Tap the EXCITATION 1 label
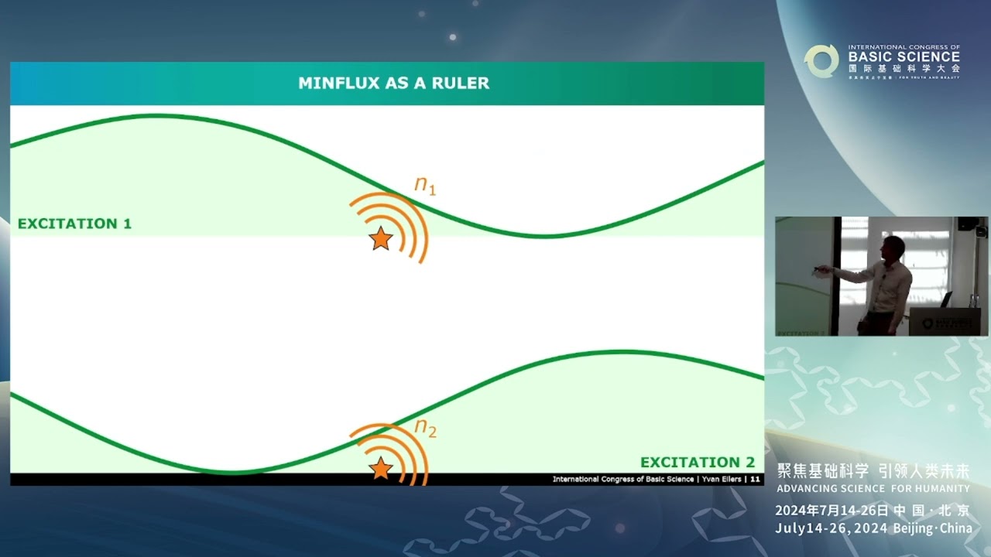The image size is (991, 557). pyautogui.click(x=74, y=224)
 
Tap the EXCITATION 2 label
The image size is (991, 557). pyautogui.click(x=697, y=463)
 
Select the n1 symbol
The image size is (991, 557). pyautogui.click(x=425, y=185)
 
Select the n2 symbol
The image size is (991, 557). pyautogui.click(x=425, y=427)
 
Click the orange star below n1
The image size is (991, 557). pyautogui.click(x=380, y=239)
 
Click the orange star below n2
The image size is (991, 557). pyautogui.click(x=380, y=468)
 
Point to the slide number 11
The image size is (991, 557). pyautogui.click(x=755, y=480)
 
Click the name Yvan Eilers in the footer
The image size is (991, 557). pyautogui.click(x=720, y=480)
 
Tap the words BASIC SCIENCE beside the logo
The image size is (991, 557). pyautogui.click(x=904, y=56)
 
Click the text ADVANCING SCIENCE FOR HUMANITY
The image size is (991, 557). pyautogui.click(x=873, y=489)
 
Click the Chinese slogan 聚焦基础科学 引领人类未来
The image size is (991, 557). pyautogui.click(x=873, y=472)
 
